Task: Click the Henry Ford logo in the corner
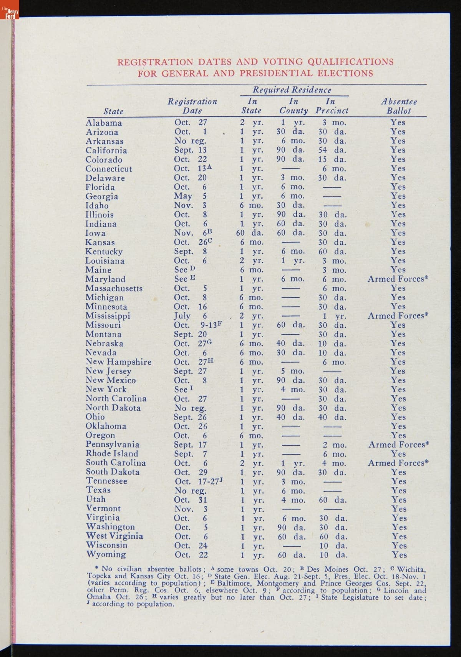(9, 13)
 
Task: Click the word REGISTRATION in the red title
(156, 62)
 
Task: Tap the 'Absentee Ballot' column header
(399, 106)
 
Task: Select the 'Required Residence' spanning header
(292, 90)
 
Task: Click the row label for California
(106, 151)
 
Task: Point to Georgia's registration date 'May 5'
(191, 196)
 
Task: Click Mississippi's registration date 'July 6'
(191, 316)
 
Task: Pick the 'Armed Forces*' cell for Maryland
(398, 279)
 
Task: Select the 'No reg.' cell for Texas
(190, 491)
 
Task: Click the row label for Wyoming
(106, 554)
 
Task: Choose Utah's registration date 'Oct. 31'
(191, 500)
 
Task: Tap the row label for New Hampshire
(118, 362)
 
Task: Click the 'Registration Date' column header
(192, 106)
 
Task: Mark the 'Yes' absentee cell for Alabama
(398, 123)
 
